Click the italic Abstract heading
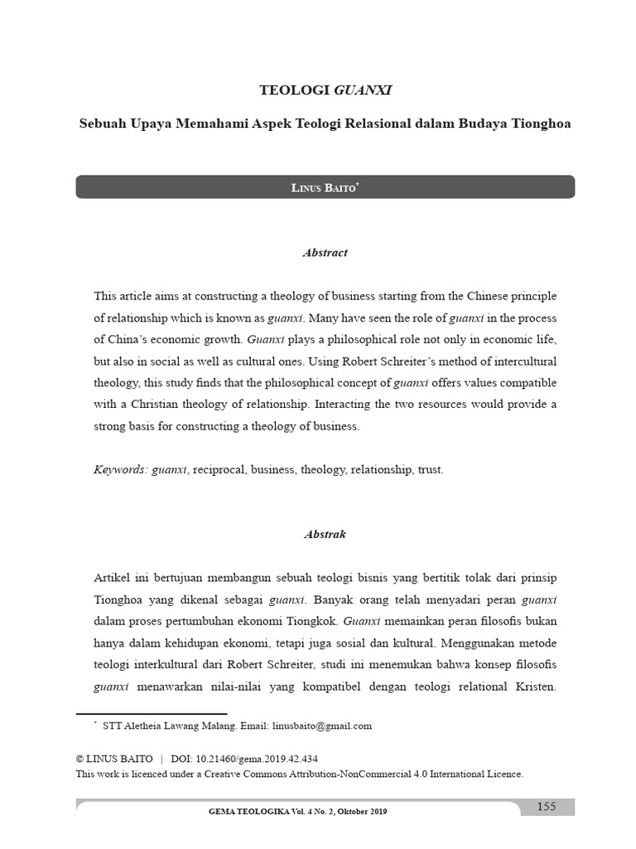[x=325, y=253]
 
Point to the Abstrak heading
[x=325, y=535]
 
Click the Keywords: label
[x=121, y=469]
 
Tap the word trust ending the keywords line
[x=431, y=469]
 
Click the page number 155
[x=547, y=807]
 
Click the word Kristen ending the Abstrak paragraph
[x=535, y=686]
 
